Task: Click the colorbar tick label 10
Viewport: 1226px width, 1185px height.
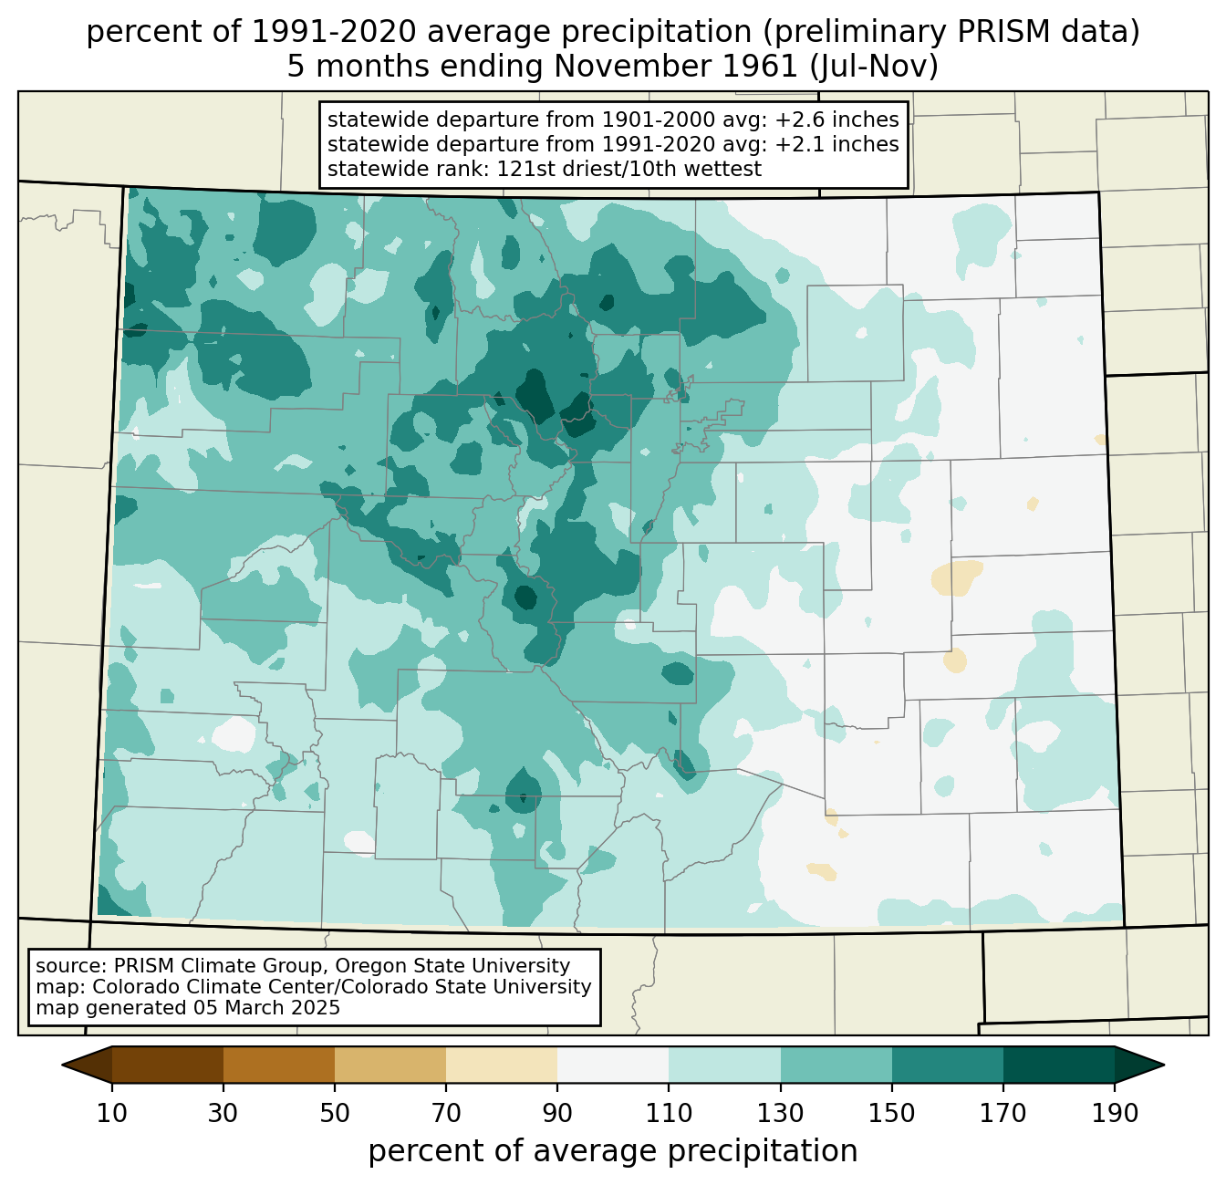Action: point(111,1113)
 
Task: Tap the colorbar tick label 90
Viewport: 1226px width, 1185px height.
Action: point(557,1113)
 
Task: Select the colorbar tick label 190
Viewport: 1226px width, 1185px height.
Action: point(1115,1113)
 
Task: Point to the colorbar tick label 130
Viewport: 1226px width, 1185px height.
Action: point(780,1113)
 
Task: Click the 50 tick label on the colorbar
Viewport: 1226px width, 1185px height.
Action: point(335,1113)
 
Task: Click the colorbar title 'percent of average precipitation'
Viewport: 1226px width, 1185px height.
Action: point(612,1150)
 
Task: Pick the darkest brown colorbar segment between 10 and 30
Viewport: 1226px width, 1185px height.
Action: point(168,1065)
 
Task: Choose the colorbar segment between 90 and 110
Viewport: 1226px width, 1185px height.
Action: point(613,1065)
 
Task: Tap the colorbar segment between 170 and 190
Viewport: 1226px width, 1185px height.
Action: point(1058,1065)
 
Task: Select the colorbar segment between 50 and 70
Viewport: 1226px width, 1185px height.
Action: point(390,1065)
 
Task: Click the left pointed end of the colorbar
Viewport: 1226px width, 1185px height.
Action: point(63,1065)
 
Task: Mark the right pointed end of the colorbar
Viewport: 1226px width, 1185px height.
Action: point(1163,1065)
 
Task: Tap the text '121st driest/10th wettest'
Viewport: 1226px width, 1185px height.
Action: point(629,169)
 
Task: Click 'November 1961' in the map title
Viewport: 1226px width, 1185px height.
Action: point(676,67)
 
